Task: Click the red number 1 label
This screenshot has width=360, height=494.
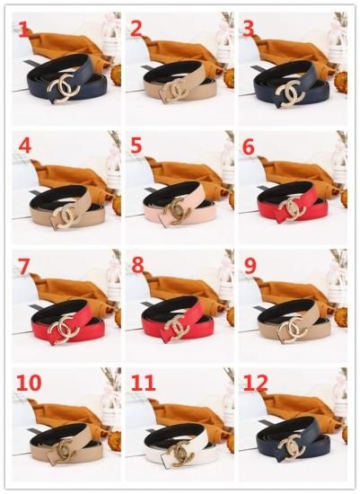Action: [23, 30]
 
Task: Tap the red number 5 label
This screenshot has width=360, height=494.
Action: [136, 146]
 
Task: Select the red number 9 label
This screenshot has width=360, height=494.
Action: [250, 266]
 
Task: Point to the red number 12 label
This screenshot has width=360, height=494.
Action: [256, 383]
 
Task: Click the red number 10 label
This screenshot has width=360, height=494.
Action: [29, 383]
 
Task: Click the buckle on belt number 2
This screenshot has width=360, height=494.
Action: [175, 89]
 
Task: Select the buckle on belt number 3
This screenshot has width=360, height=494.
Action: [290, 93]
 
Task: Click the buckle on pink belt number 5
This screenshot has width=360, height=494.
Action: [178, 210]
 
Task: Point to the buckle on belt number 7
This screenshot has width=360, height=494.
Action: [66, 330]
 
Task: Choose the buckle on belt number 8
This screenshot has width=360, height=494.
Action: [178, 327]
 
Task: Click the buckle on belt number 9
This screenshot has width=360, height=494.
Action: [294, 327]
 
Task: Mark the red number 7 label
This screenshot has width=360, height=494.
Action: [23, 266]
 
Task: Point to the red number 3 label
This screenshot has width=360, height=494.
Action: [249, 29]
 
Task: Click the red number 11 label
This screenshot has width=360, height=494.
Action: [143, 383]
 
